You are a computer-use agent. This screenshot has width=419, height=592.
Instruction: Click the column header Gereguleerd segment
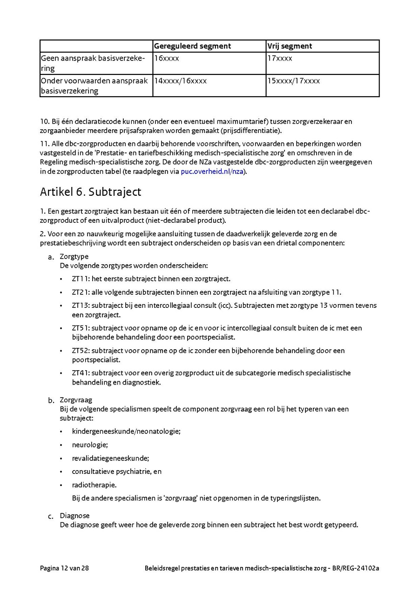point(192,46)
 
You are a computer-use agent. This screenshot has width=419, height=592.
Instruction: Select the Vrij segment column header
point(289,46)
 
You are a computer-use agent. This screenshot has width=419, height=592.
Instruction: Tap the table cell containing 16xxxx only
point(167,58)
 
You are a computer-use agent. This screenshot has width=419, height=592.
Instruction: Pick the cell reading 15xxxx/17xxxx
point(294,81)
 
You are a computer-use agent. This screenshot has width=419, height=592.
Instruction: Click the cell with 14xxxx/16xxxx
point(181,81)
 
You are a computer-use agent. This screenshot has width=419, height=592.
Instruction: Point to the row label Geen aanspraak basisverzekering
point(93,63)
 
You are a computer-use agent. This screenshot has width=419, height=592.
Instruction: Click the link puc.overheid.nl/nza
point(212,172)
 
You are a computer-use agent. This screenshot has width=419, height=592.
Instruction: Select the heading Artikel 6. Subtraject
point(91,192)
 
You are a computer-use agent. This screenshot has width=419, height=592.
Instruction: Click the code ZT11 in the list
point(81,279)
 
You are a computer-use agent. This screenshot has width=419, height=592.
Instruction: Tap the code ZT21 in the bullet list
point(81,293)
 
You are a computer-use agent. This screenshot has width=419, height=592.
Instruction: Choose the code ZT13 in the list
point(81,306)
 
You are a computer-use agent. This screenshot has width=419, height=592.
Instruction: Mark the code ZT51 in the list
point(81,328)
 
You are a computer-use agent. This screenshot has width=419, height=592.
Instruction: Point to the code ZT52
point(81,350)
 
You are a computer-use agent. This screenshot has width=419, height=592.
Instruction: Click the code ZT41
point(81,372)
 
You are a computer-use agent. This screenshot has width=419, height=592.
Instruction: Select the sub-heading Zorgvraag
point(76,399)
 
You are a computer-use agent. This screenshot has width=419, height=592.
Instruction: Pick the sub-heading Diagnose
point(74,515)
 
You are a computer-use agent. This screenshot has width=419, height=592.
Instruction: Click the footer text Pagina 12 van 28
point(64,568)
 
